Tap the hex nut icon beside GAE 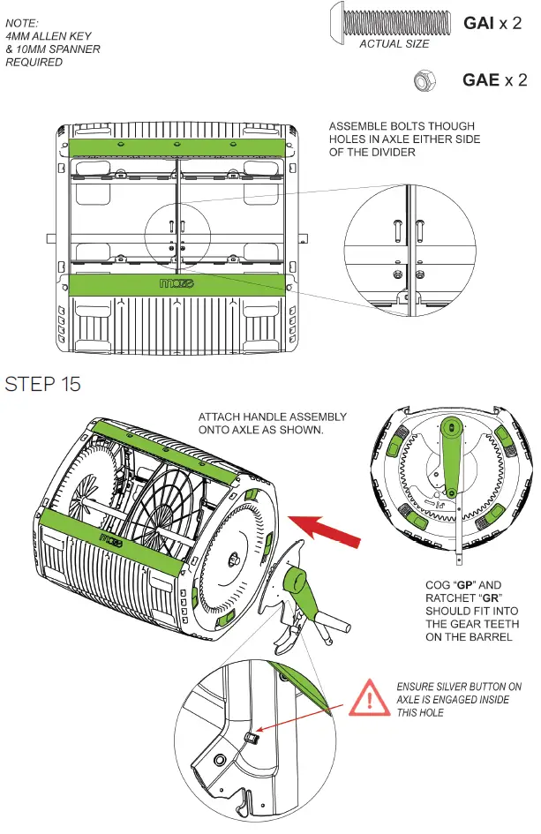click(424, 81)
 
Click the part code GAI click(480, 23)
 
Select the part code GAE click(481, 80)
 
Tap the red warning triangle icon click(372, 699)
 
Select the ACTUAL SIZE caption click(394, 43)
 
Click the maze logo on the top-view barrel click(179, 285)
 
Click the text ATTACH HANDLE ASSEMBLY click(273, 417)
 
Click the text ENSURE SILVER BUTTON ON click(459, 686)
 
